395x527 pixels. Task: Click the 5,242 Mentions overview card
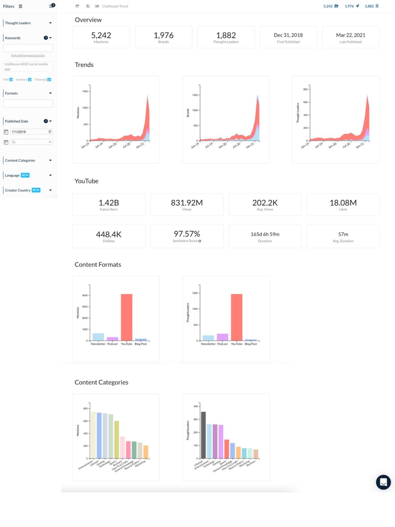point(101,37)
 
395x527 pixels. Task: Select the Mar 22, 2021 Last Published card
point(350,37)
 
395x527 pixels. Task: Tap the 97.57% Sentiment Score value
point(187,234)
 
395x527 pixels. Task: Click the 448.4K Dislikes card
point(108,236)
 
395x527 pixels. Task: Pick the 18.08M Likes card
point(343,205)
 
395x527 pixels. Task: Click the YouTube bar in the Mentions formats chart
point(126,317)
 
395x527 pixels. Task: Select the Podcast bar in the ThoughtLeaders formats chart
point(222,337)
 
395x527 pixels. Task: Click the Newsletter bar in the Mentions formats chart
point(98,337)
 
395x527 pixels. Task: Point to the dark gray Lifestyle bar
point(203,435)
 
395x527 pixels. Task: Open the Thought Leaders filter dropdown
point(50,23)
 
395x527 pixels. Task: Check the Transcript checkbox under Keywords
point(49,80)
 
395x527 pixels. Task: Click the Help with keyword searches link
point(28,55)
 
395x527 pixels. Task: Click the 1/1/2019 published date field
point(29,132)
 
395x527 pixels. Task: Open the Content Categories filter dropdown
point(50,161)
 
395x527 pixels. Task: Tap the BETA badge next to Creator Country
point(36,190)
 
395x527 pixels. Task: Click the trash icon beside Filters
point(20,6)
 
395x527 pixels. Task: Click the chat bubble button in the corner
point(383,482)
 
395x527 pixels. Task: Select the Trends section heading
point(84,65)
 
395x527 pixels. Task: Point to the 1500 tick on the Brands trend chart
point(195,95)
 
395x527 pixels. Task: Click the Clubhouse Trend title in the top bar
point(115,6)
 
